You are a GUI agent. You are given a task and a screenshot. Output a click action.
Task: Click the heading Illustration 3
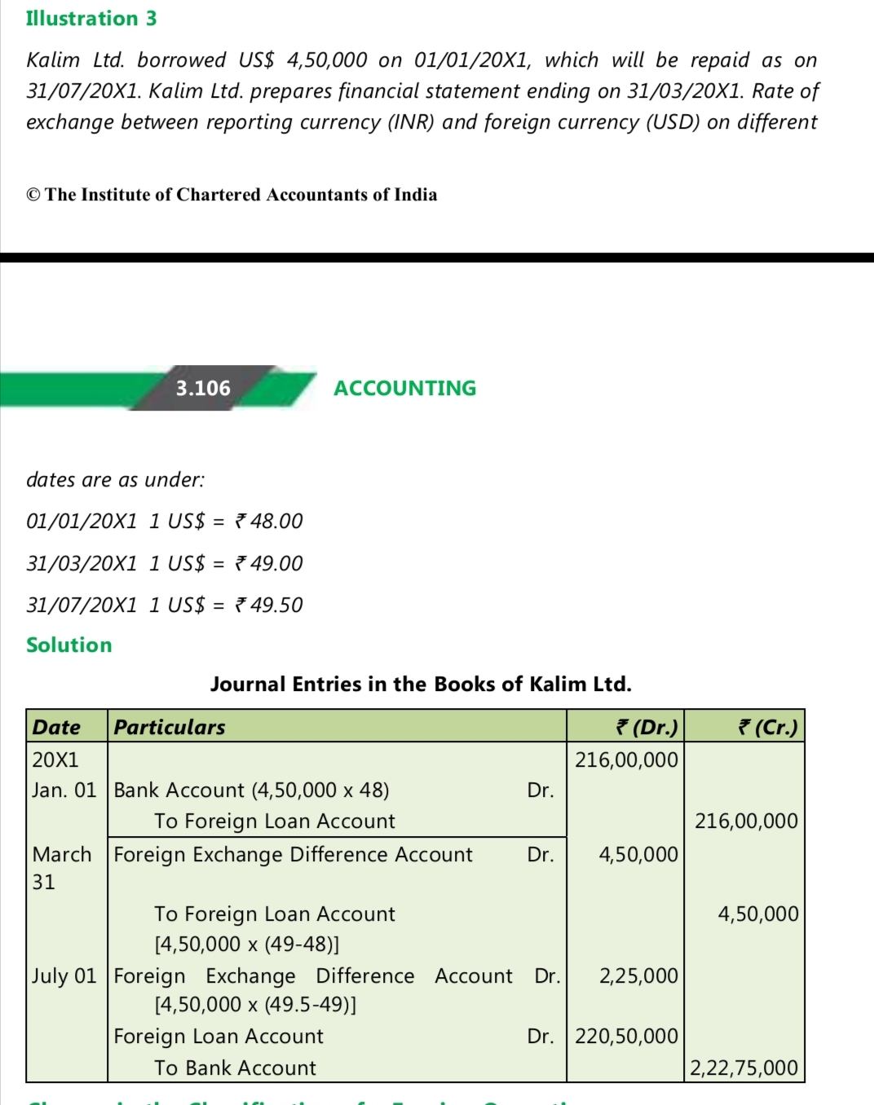91,19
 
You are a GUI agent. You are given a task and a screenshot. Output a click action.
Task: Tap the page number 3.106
203,388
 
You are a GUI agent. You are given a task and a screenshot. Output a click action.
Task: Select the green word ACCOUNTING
404,388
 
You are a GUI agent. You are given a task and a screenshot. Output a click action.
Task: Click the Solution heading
69,645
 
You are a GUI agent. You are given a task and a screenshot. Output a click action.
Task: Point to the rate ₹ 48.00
269,521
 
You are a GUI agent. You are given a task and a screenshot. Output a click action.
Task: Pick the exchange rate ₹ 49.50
269,605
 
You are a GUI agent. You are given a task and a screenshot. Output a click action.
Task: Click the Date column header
56,727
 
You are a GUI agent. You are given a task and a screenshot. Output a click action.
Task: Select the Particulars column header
170,727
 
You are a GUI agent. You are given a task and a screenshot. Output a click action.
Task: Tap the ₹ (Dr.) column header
647,727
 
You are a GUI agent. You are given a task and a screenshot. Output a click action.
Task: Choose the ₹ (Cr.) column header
767,727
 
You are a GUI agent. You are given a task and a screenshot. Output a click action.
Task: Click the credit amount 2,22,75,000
744,1068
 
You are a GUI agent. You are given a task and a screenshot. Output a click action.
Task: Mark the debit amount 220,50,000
626,1036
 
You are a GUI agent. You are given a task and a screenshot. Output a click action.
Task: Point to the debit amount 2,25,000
638,975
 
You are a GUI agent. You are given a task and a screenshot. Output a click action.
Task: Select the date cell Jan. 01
64,790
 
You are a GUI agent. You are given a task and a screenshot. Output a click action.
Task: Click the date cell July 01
64,975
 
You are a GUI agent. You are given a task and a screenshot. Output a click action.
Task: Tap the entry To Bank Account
235,1068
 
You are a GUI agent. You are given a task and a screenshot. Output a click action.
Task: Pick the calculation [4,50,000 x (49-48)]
247,944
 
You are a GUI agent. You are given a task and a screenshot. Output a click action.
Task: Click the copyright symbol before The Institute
33,195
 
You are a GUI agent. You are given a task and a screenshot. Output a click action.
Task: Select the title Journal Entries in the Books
421,684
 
